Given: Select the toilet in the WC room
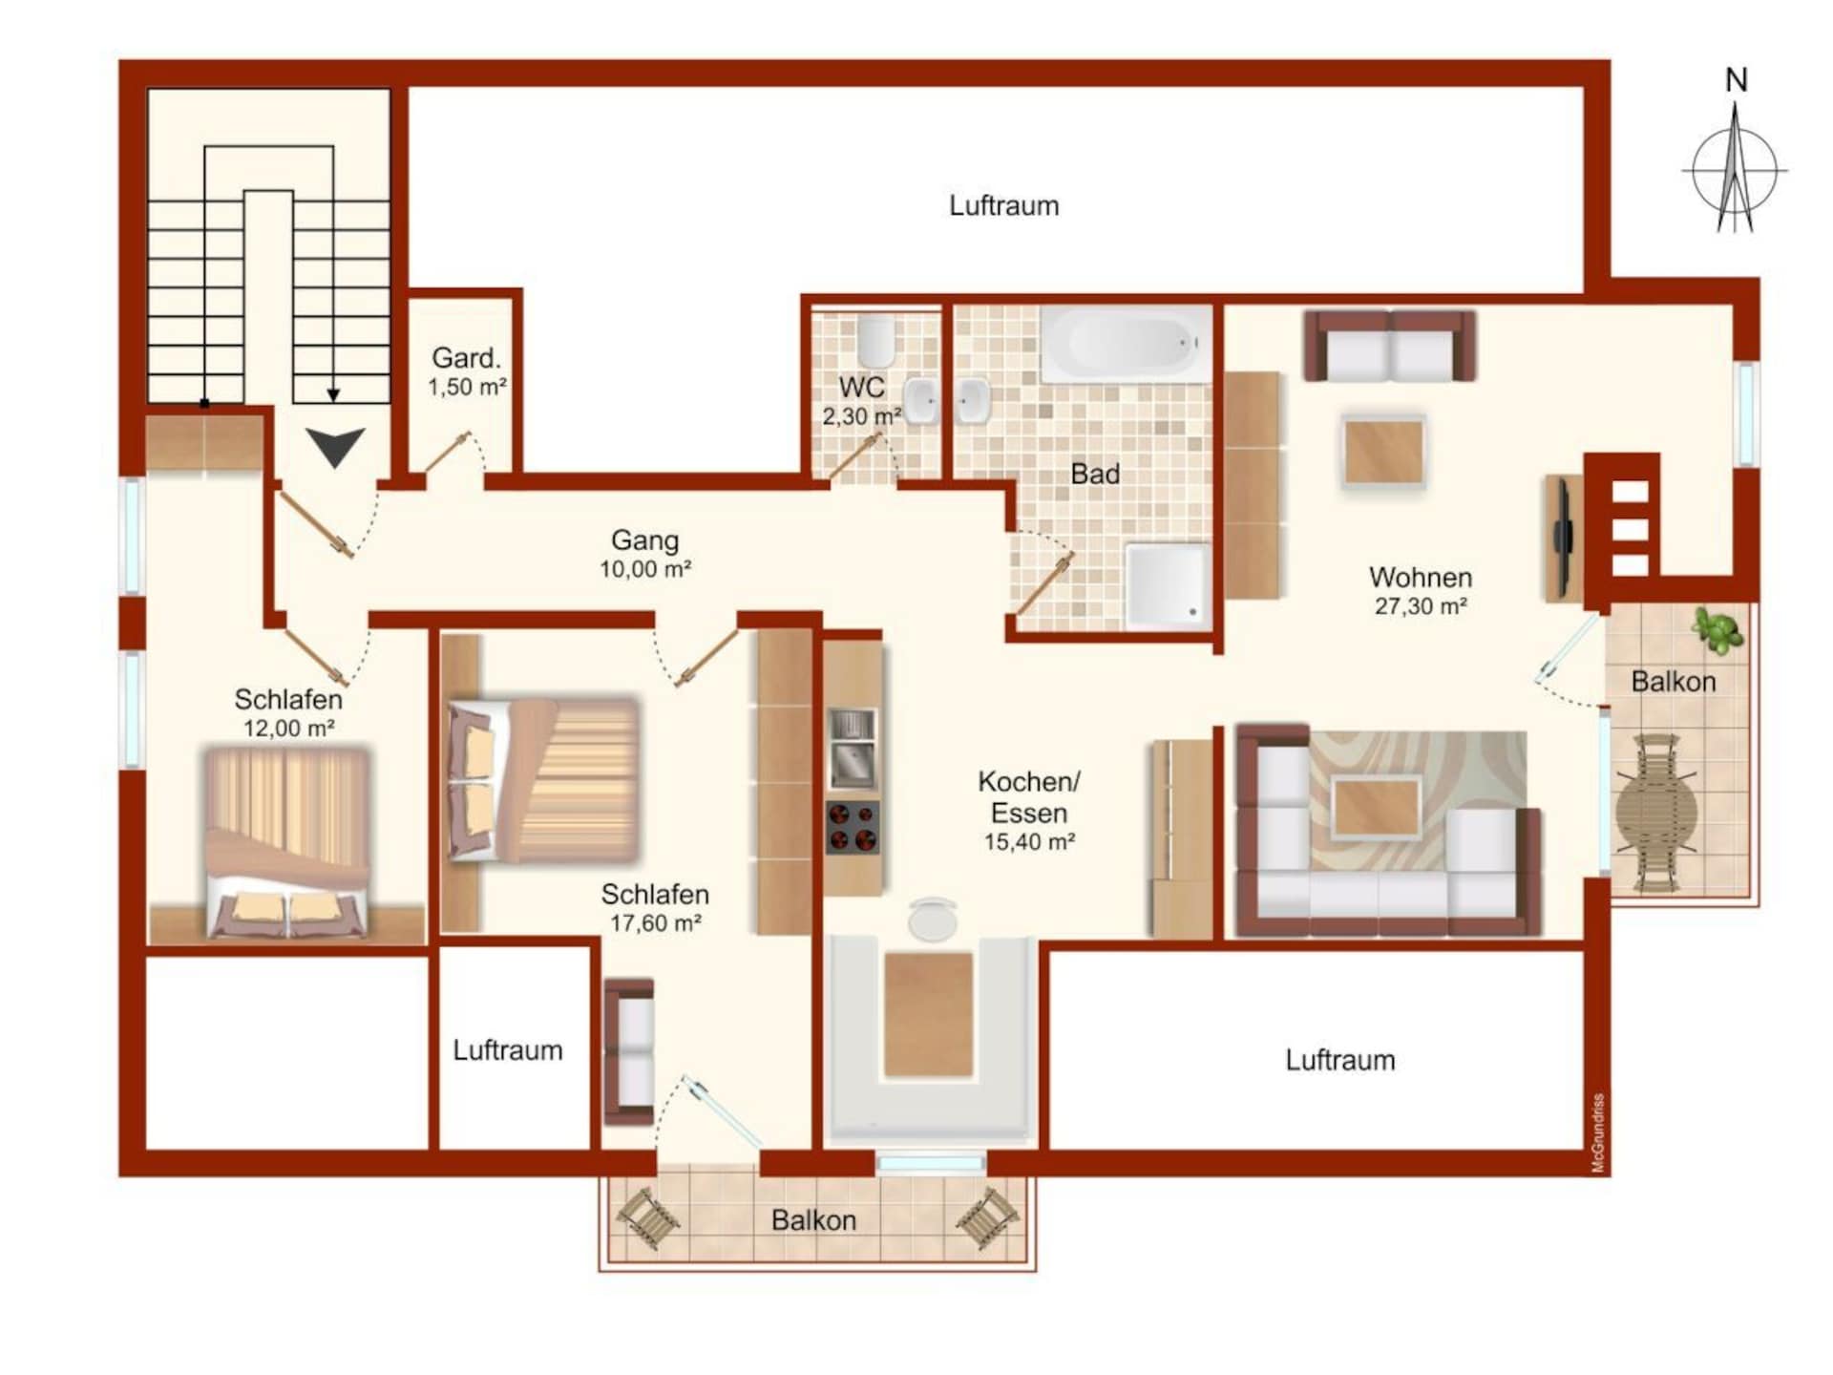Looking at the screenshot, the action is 876,341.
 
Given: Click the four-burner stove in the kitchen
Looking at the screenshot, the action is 853,827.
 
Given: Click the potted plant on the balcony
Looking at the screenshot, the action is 1717,630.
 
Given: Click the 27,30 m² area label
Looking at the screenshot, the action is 1421,606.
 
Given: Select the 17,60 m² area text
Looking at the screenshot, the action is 656,923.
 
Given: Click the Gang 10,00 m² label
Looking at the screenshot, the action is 645,554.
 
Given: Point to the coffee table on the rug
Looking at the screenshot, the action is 1376,808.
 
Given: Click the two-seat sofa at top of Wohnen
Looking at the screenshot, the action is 1390,346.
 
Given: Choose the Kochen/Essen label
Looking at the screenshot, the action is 1029,797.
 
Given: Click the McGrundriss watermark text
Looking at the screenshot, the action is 1598,1133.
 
